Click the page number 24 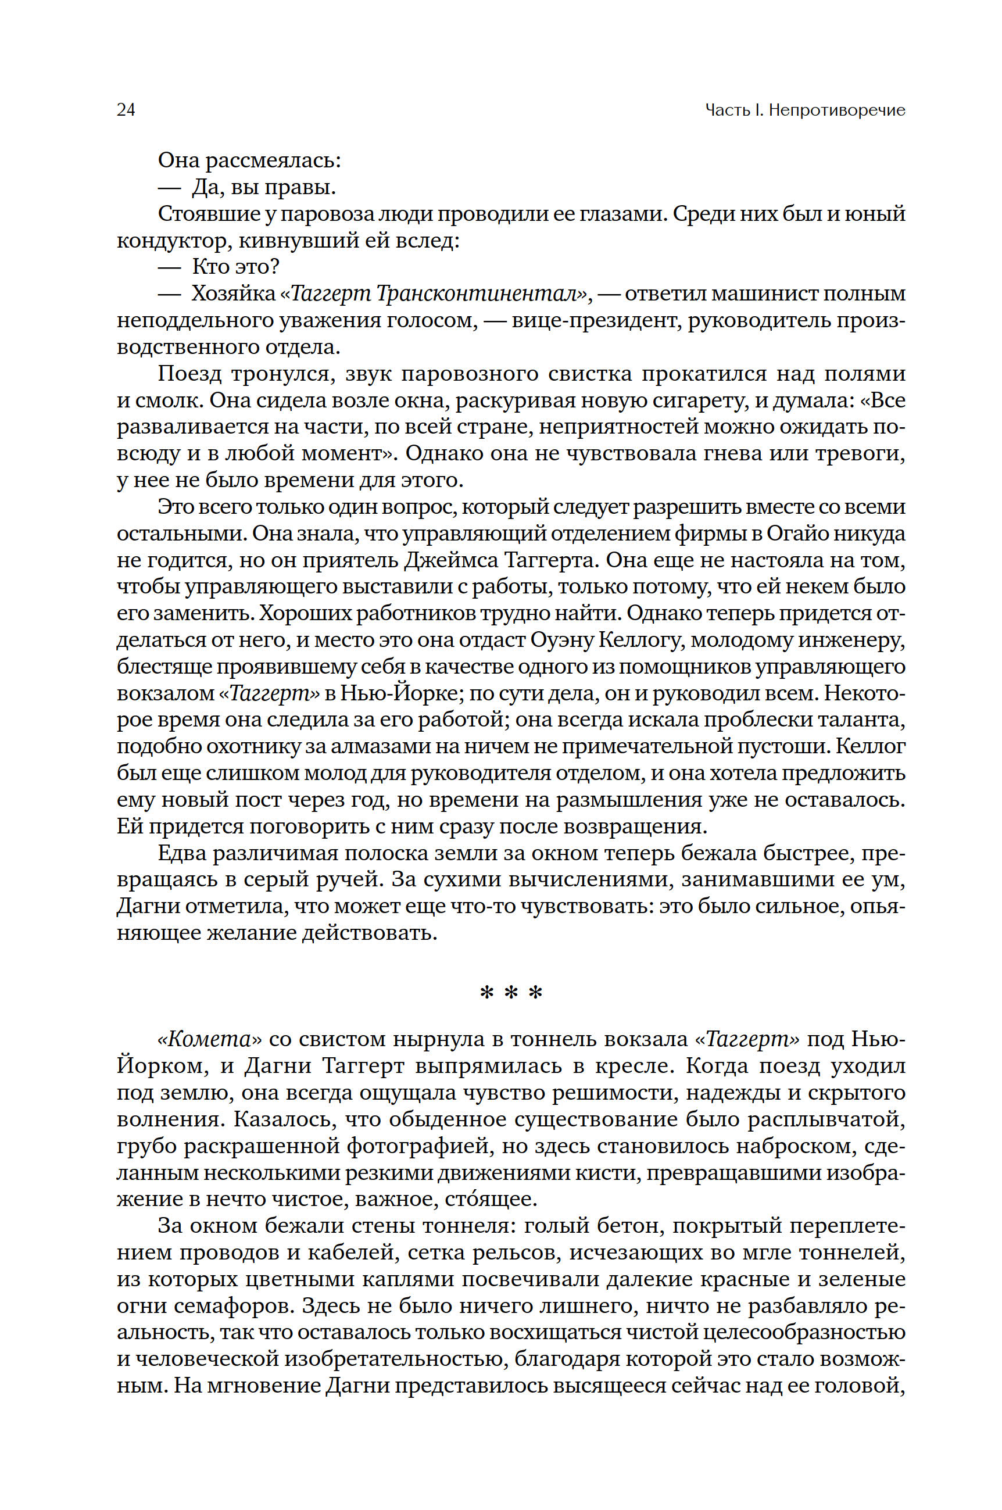tap(126, 110)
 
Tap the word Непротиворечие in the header tap(836, 110)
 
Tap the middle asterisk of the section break tap(511, 992)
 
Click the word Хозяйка tap(232, 294)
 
